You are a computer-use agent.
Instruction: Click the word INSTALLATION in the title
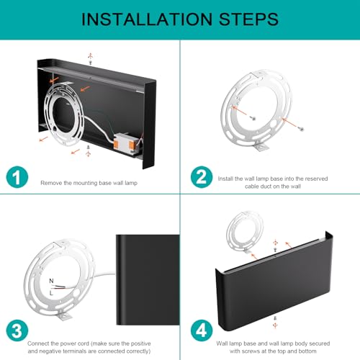click(147, 19)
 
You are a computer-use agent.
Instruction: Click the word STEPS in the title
click(248, 19)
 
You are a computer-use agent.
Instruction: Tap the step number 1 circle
click(17, 177)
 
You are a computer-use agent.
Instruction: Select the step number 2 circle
click(202, 177)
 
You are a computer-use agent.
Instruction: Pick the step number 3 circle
click(17, 330)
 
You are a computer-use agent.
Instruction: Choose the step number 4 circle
click(202, 330)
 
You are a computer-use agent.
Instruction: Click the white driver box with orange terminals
click(125, 143)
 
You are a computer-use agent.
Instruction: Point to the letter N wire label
click(51, 281)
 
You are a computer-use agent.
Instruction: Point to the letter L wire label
click(51, 293)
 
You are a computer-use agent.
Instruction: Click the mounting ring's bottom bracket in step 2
click(261, 146)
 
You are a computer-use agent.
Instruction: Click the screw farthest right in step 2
click(302, 129)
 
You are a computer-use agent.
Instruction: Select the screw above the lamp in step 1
click(91, 63)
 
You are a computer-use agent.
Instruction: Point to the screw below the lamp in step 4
click(275, 318)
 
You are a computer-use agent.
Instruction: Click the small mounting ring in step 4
click(245, 232)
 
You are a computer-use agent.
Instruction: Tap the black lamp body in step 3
click(148, 280)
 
